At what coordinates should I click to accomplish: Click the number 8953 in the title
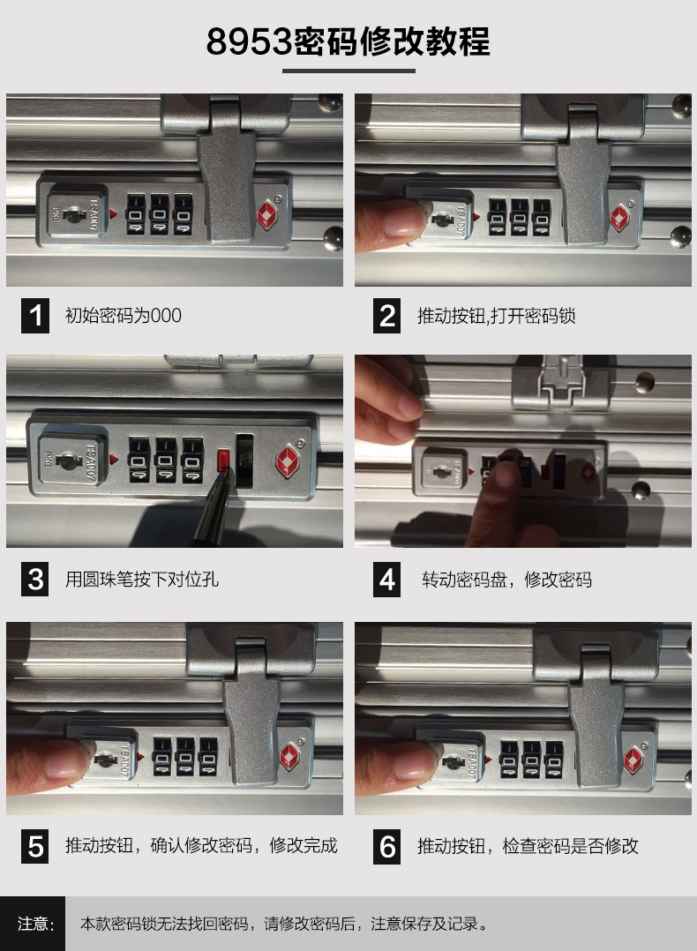pos(250,41)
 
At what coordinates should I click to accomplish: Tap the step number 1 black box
pos(35,316)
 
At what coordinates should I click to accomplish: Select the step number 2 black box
pos(386,316)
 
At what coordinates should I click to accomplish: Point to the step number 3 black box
pos(35,580)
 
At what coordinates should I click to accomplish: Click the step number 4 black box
pos(386,580)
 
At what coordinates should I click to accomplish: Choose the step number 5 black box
pos(35,846)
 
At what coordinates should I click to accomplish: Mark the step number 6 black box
pos(386,846)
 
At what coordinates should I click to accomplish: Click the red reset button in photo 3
pos(224,461)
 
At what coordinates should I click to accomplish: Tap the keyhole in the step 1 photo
pos(75,214)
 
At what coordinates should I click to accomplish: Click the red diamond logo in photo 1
pos(267,214)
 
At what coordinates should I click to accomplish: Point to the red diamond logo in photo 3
pos(288,461)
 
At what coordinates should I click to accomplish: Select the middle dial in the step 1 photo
pos(160,214)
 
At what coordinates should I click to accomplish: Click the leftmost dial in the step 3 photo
pos(139,461)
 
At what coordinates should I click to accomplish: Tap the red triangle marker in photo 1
pos(113,213)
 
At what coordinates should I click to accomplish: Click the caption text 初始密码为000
pos(124,316)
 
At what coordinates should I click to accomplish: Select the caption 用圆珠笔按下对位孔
pos(142,580)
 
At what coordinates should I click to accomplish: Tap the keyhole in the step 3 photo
pos(68,461)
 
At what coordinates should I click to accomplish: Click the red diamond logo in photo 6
pos(633,760)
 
